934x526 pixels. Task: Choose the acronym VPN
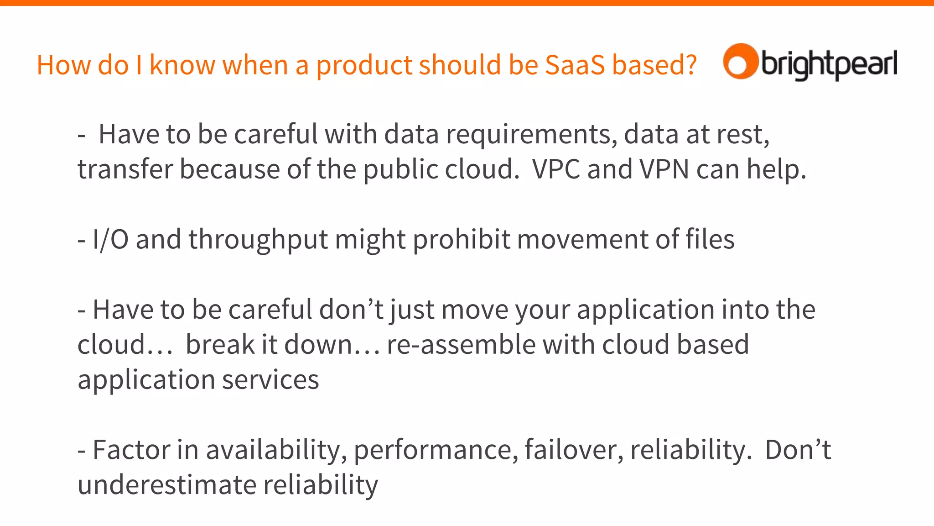(664, 169)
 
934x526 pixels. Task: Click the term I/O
(110, 239)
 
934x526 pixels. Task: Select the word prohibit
(461, 239)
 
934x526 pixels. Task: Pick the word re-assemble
(461, 345)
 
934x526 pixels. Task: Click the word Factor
(131, 450)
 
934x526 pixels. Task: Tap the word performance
(436, 451)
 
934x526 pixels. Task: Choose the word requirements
(531, 135)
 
